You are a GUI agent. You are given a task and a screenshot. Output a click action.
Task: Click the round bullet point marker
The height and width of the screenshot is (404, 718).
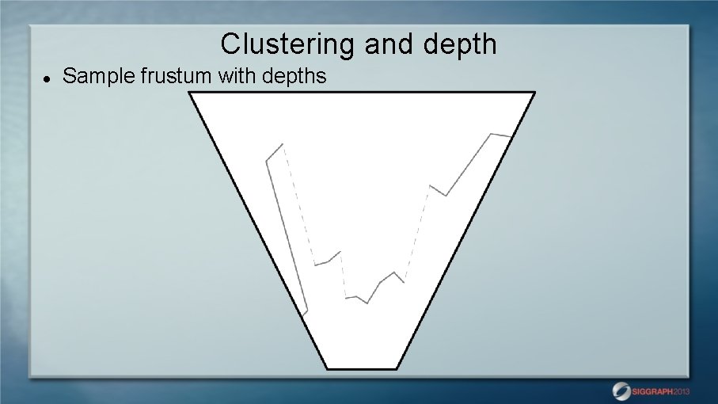click(47, 78)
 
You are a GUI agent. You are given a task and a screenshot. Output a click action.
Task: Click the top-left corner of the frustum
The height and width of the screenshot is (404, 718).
click(190, 93)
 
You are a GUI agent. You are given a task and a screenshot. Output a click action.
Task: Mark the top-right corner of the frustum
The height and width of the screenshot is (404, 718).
click(535, 93)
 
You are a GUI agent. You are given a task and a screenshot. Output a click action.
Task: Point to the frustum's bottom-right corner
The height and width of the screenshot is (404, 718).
click(397, 368)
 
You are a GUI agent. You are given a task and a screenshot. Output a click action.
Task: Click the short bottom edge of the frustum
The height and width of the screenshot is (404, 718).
click(362, 368)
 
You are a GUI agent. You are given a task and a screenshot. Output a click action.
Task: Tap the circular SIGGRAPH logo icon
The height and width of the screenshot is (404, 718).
click(621, 391)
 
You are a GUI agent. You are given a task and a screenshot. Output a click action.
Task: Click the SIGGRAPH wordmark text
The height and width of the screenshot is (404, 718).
click(653, 391)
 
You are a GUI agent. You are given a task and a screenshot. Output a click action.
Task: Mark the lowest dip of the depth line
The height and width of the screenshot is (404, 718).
click(367, 303)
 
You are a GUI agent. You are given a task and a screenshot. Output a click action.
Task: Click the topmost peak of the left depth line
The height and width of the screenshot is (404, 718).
click(282, 144)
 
